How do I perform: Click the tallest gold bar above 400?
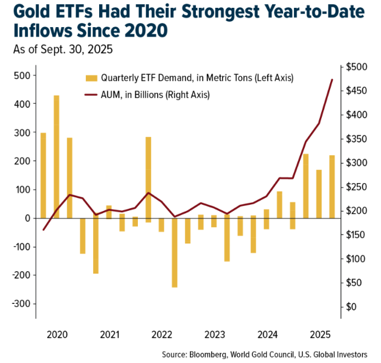point(56,156)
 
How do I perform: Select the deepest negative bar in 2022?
point(175,252)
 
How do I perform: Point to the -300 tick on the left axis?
point(21,304)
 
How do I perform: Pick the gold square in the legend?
point(91,78)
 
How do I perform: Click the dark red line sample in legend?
point(91,95)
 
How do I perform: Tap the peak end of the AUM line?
point(332,80)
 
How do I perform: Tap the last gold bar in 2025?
point(332,187)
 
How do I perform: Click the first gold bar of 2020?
point(43,175)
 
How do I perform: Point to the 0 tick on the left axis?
point(27,218)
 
